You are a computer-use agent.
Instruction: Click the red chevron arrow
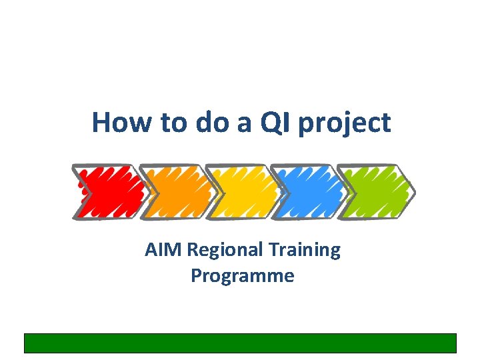pyautogui.click(x=110, y=192)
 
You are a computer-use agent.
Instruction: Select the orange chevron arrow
pyautogui.click(x=177, y=192)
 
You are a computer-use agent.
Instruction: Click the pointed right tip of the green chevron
pyautogui.click(x=413, y=193)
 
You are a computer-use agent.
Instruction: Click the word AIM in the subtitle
pyautogui.click(x=164, y=251)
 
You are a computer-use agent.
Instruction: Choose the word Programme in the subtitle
pyautogui.click(x=242, y=276)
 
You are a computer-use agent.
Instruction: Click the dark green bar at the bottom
pyautogui.click(x=240, y=343)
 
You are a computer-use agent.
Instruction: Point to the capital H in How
pyautogui.click(x=101, y=123)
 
